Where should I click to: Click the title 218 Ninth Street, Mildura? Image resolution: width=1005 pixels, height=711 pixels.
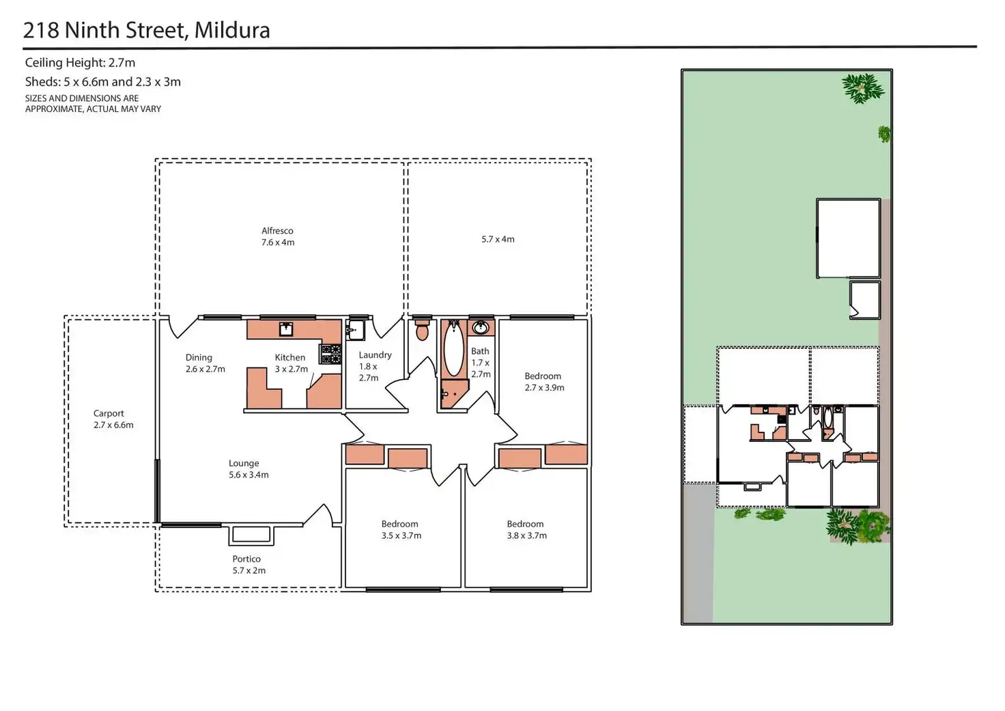click(x=147, y=30)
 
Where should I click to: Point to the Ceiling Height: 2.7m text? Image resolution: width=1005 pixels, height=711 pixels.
click(x=80, y=63)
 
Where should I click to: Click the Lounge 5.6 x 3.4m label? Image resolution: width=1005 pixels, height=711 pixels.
click(x=248, y=469)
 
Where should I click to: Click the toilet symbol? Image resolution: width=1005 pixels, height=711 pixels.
click(x=422, y=330)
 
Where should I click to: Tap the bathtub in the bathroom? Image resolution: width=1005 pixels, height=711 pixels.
click(x=453, y=348)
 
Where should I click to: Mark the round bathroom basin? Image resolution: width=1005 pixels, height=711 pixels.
click(x=481, y=327)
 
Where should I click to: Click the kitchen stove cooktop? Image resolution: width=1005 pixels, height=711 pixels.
click(x=331, y=353)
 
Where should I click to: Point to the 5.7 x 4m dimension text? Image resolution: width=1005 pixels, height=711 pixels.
click(x=498, y=239)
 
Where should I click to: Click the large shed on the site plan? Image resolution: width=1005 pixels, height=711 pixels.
click(x=848, y=238)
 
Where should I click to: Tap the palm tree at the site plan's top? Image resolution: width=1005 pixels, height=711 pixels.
click(x=862, y=88)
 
